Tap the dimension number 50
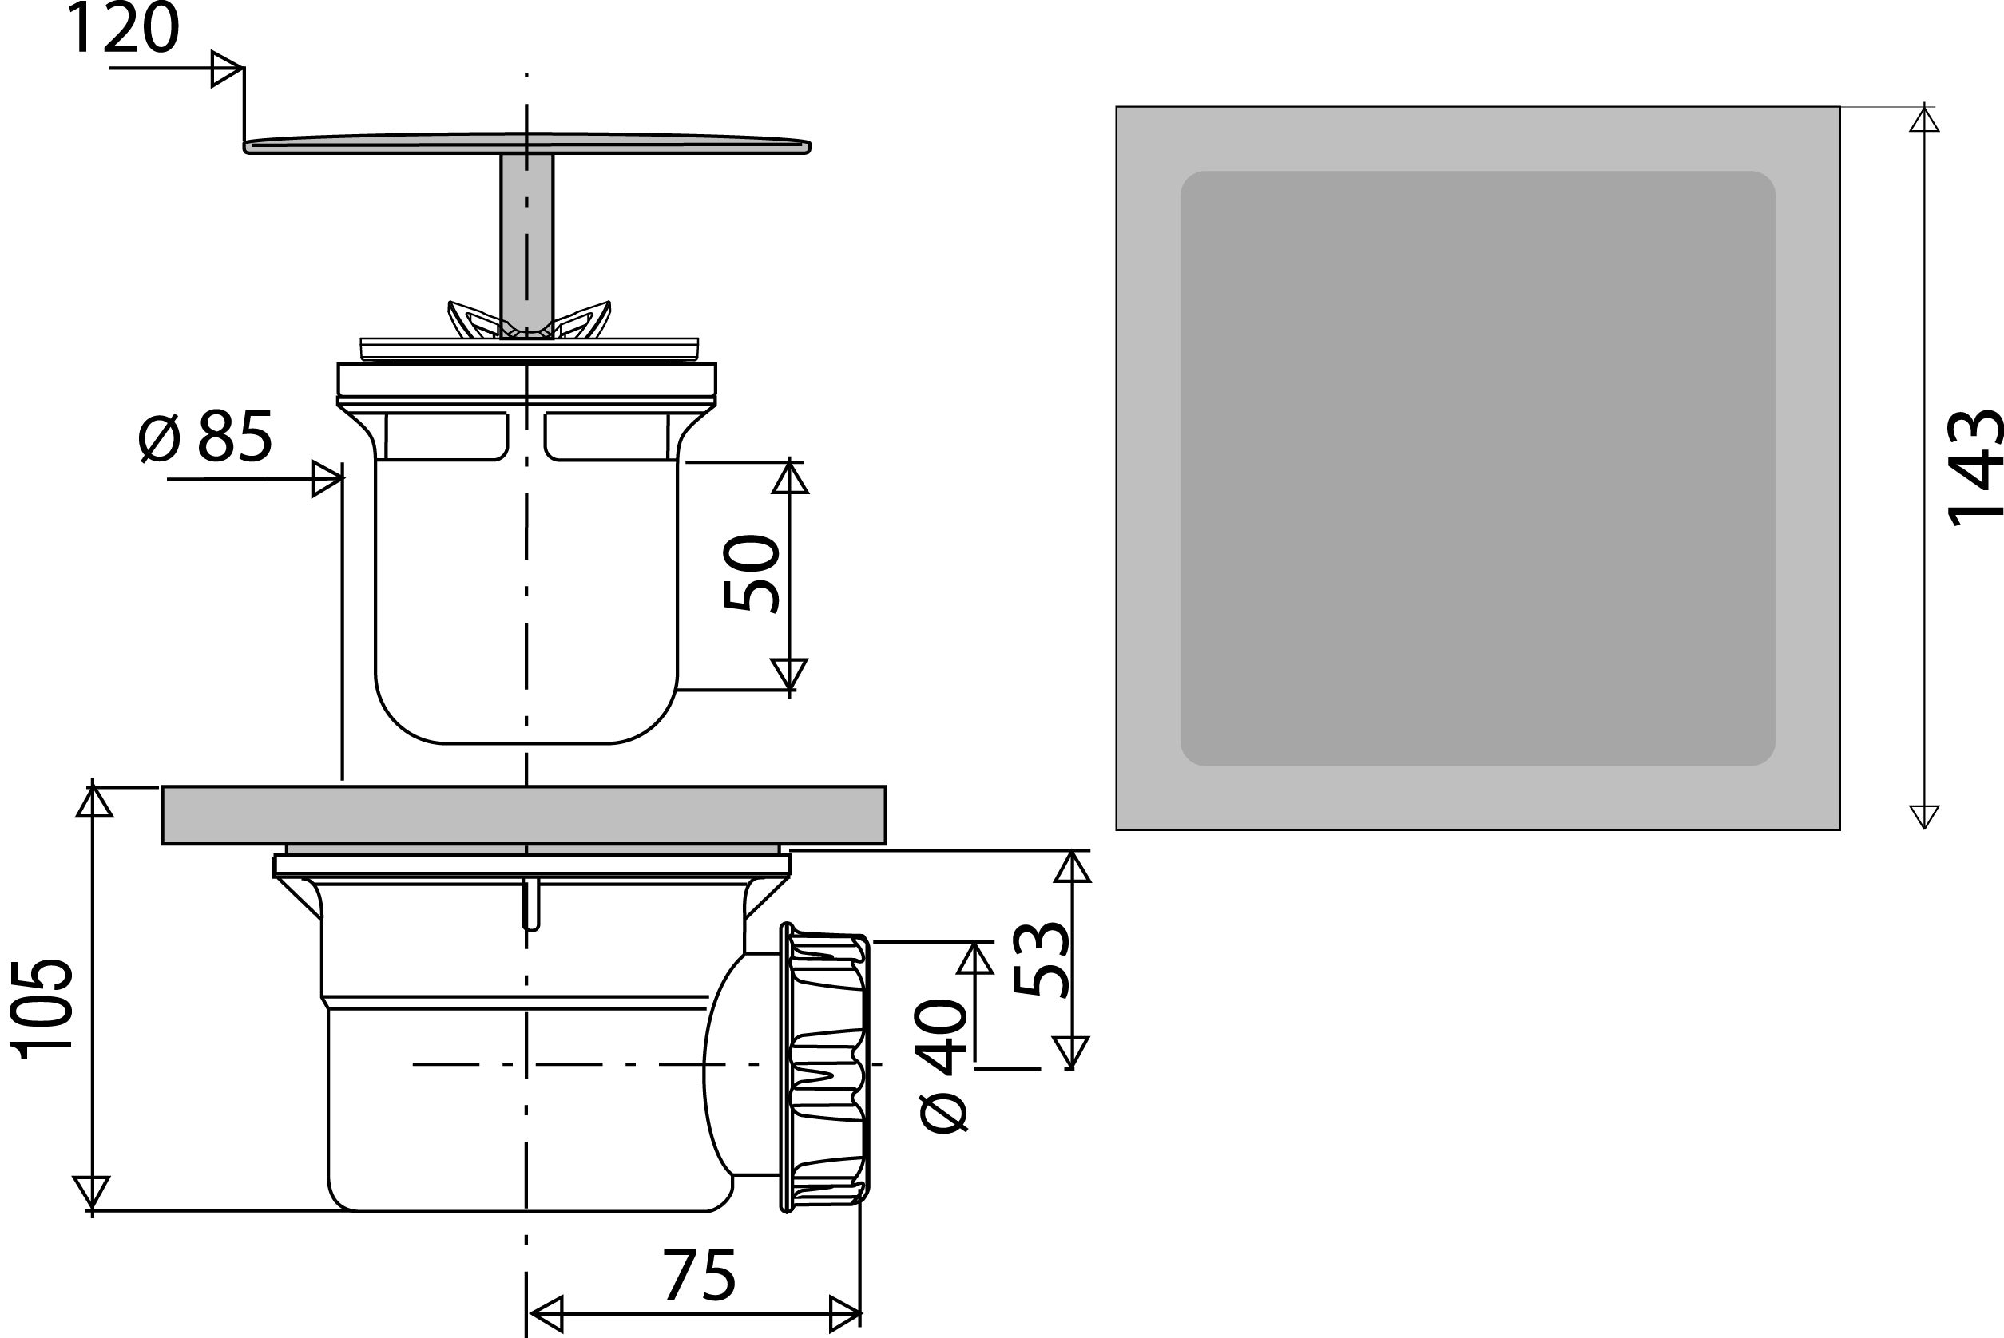751,572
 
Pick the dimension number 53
1041,959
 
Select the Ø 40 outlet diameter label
942,1066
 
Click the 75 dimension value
699,1276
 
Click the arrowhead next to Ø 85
327,479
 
